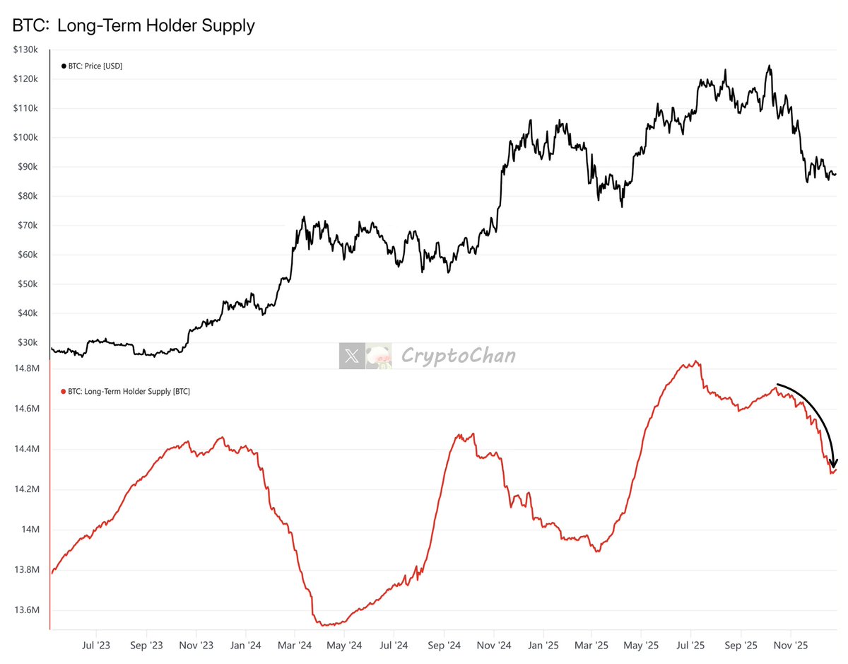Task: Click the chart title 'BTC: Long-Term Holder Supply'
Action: pos(134,26)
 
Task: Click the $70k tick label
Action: pos(26,226)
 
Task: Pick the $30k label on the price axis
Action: pos(26,343)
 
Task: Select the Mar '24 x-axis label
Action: pos(295,646)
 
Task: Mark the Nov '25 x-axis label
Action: pos(791,646)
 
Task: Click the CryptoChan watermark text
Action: pos(458,356)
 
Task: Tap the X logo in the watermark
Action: pos(351,356)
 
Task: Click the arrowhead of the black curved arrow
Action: pos(835,463)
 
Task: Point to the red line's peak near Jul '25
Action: pos(697,362)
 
